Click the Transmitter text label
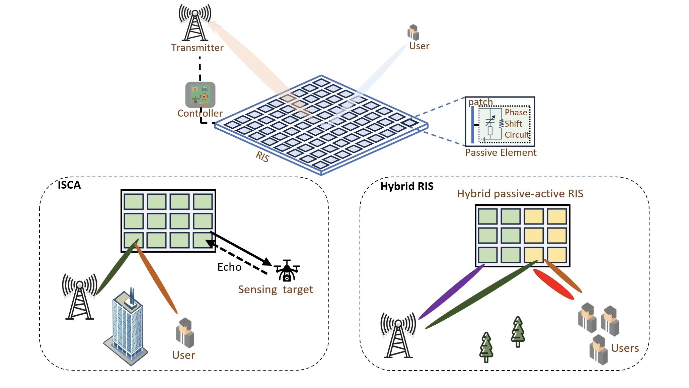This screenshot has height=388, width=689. [197, 48]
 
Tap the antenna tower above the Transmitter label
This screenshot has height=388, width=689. [195, 23]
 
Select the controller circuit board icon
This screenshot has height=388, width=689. [200, 94]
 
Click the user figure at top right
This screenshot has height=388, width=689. [413, 33]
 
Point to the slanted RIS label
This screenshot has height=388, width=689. [262, 156]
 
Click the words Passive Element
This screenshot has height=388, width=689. [501, 153]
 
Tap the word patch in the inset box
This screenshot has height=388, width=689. [480, 102]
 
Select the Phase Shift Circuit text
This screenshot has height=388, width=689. [516, 124]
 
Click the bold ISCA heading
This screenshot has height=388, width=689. [69, 185]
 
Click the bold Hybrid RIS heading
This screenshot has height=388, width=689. [406, 186]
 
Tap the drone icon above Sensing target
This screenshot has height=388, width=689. [287, 270]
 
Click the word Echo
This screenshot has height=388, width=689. [229, 267]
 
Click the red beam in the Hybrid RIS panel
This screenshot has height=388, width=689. [553, 284]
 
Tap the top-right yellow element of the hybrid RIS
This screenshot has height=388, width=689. [557, 216]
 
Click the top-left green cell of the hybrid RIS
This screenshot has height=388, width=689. [487, 216]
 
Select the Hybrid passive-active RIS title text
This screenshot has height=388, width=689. [520, 194]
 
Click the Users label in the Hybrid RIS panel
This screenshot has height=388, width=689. [625, 348]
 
